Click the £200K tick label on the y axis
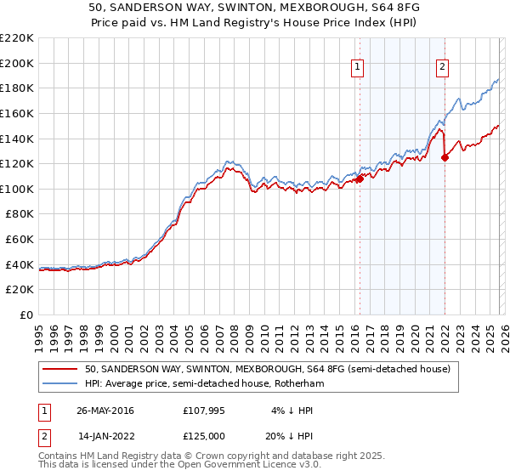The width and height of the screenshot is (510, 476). (17, 63)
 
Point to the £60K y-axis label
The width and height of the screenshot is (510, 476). (20, 240)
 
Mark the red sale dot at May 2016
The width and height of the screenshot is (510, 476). (360, 179)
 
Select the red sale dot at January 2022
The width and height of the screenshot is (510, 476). (445, 157)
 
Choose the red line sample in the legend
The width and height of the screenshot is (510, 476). (60, 369)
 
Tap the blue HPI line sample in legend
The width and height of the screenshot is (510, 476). (60, 384)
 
